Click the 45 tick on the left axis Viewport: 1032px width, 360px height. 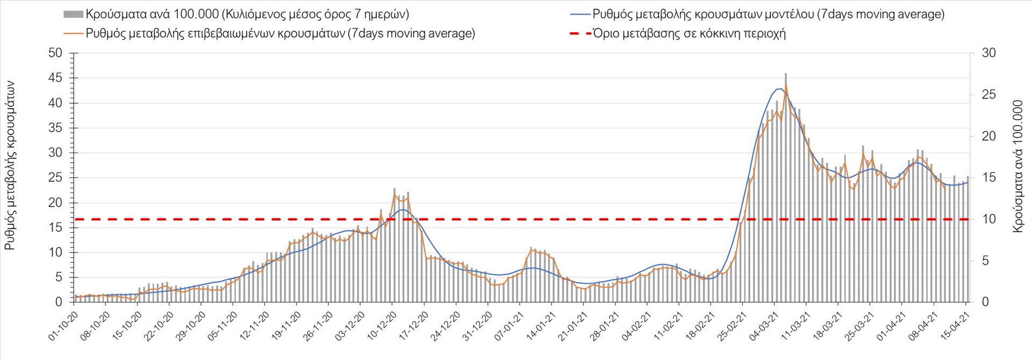55,78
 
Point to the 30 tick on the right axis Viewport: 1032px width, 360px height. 988,53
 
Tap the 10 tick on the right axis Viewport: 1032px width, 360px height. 988,219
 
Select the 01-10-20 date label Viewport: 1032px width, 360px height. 64,326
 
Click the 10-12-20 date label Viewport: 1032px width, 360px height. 382,326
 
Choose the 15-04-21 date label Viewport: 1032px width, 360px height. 955,326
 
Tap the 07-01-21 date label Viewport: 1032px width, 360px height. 510,326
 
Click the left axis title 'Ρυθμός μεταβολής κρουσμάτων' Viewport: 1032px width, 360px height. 10,165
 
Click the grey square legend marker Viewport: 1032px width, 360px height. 73,15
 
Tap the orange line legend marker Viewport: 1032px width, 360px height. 73,34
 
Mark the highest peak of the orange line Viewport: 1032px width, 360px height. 786,84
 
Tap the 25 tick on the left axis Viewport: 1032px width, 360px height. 55,178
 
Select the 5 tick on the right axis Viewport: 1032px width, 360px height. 985,261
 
